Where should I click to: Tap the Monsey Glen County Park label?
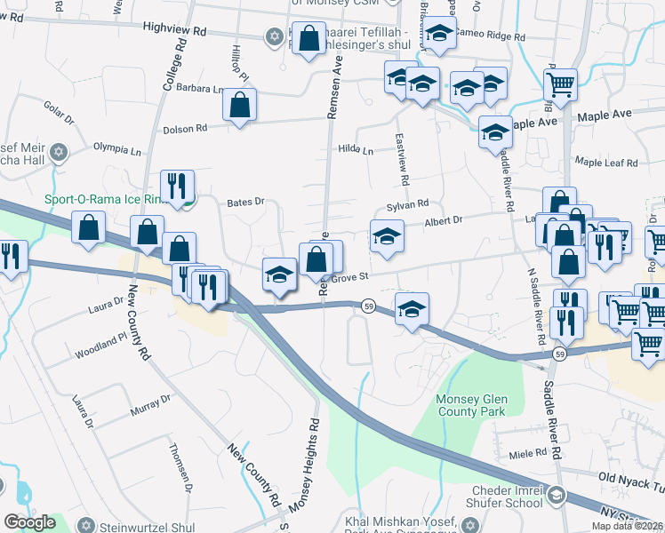pyautogui.click(x=470, y=405)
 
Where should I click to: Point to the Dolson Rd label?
pyautogui.click(x=185, y=129)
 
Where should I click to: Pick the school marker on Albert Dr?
pyautogui.click(x=387, y=236)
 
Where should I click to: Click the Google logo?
pyautogui.click(x=29, y=522)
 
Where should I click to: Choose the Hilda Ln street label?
pyautogui.click(x=356, y=151)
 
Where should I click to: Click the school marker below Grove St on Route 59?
pyautogui.click(x=412, y=310)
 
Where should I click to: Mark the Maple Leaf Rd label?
pyautogui.click(x=606, y=163)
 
